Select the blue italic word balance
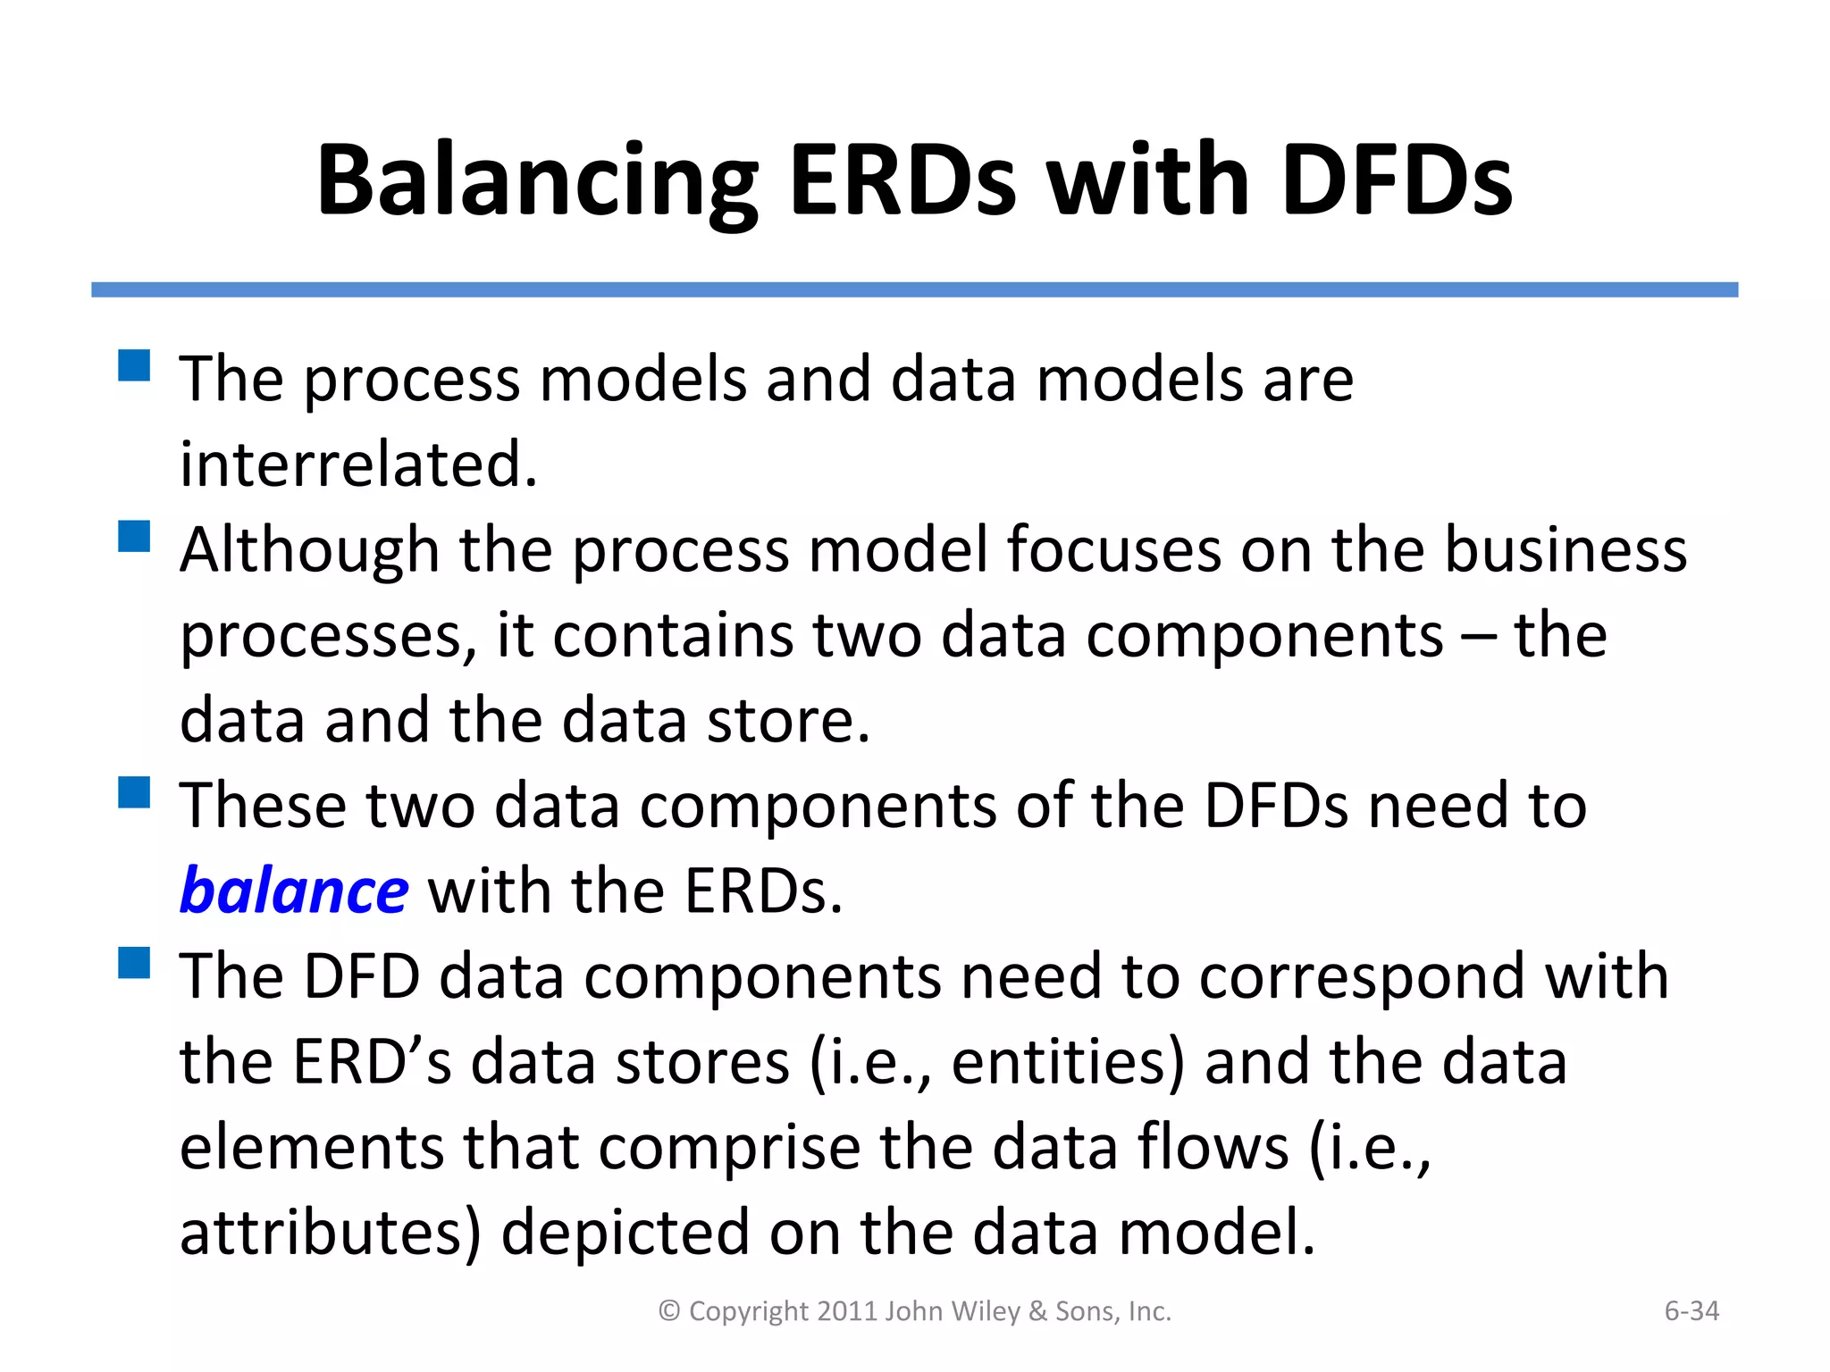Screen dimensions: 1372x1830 [294, 891]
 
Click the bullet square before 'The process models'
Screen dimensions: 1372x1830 [134, 365]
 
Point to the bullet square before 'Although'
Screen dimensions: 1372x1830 [134, 536]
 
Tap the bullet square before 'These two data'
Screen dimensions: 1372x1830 [134, 791]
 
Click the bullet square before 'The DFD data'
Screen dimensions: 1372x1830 [134, 963]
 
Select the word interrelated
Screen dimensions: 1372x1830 [358, 464]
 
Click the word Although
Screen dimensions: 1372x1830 [309, 550]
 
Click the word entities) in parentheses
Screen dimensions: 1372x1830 [1067, 1063]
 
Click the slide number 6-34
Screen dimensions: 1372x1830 [1691, 1310]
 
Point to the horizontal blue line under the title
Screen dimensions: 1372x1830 [914, 289]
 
